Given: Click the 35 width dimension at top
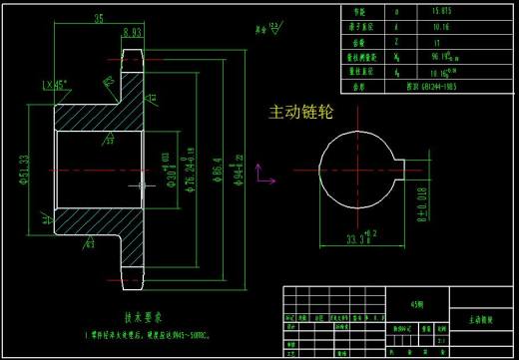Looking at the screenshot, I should coord(99,18).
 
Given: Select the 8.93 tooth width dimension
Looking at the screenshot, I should coord(131,31).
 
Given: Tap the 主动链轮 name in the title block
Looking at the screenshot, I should coord(483,323).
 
